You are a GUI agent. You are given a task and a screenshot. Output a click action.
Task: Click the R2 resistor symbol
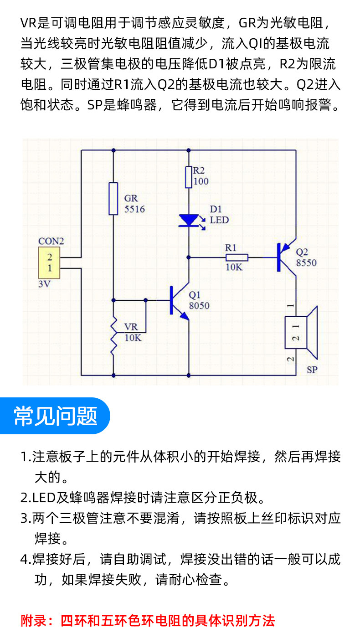click(x=188, y=177)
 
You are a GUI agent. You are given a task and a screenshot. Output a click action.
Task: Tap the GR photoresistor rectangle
click(x=113, y=199)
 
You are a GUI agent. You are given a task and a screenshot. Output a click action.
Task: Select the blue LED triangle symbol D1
click(x=188, y=221)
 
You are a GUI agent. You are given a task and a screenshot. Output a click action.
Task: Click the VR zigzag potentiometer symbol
click(x=113, y=338)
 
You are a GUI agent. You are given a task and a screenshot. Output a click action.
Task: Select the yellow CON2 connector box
click(x=50, y=263)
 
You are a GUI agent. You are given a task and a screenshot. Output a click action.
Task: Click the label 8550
click(x=306, y=263)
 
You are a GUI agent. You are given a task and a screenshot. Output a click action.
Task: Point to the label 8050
click(x=200, y=306)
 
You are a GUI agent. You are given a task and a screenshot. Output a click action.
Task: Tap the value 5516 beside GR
click(x=134, y=209)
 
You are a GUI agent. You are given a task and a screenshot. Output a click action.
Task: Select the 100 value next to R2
click(x=201, y=181)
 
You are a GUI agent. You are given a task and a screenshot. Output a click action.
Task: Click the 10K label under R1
click(x=234, y=268)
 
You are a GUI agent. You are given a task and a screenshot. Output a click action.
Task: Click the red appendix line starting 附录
click(x=148, y=620)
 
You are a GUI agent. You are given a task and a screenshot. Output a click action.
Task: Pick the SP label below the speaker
click(x=312, y=370)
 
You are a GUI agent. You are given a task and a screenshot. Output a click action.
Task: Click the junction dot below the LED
click(x=188, y=257)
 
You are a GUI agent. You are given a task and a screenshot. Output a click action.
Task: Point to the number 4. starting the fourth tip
click(x=25, y=560)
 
